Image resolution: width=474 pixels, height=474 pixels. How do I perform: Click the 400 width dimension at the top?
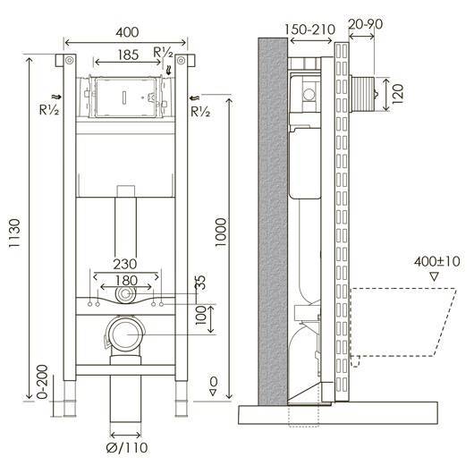[x=127, y=32]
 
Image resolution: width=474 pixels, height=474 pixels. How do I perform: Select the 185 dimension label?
[x=128, y=55]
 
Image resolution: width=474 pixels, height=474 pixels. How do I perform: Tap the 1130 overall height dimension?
[x=14, y=233]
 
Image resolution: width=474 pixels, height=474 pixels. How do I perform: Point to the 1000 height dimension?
[x=221, y=233]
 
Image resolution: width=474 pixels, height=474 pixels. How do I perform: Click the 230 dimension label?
[x=125, y=264]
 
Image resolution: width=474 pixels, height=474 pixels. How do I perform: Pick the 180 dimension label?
[x=126, y=281]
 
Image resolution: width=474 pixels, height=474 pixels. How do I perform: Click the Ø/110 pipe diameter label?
[x=127, y=447]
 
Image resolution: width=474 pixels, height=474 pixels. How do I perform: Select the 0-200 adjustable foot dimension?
[x=42, y=382]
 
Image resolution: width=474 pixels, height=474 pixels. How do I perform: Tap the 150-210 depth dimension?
[x=310, y=30]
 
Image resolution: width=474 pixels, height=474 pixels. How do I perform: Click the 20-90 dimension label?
[x=366, y=24]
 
